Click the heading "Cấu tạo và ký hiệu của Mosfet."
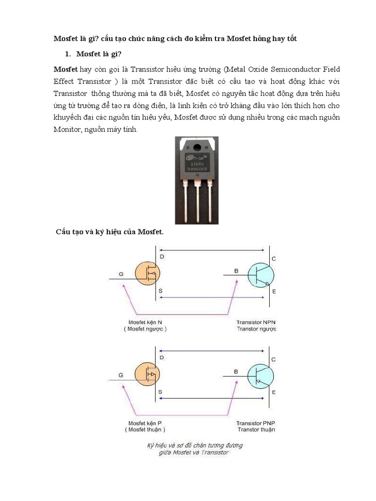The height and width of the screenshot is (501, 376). [108, 231]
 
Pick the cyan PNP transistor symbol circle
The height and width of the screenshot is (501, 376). [259, 376]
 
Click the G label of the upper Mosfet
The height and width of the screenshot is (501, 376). [121, 274]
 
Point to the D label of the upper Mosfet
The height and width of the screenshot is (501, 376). [162, 257]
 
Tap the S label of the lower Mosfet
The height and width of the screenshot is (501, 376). [161, 392]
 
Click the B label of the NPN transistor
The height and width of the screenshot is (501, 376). [236, 271]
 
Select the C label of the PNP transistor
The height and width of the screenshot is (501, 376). [274, 360]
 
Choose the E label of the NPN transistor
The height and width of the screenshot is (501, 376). [274, 292]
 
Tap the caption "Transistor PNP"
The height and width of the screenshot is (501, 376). [256, 423]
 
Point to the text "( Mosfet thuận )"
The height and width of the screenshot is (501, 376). [145, 430]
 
